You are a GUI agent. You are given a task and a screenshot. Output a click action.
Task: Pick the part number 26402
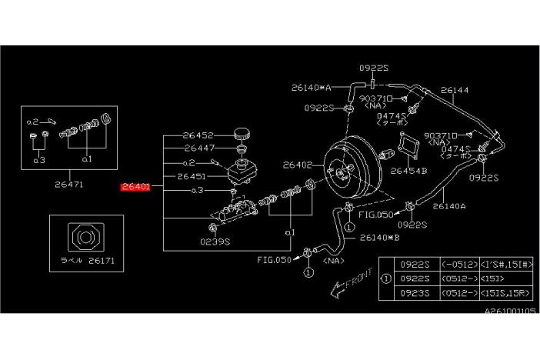click(x=298, y=164)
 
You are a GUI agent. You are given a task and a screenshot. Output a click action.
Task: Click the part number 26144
click(x=452, y=90)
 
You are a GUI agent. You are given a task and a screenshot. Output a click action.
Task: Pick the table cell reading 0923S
click(x=414, y=294)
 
